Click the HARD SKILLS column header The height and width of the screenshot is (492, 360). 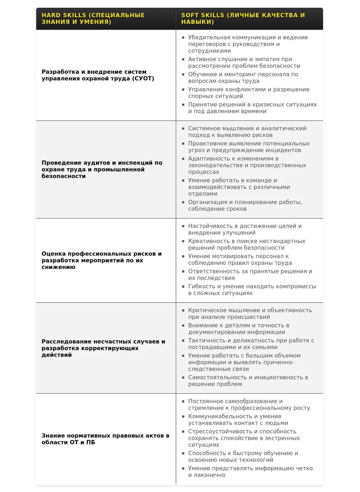[93, 18]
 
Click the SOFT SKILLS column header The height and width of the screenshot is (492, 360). [243, 18]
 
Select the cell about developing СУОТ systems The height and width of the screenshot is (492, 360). [98, 75]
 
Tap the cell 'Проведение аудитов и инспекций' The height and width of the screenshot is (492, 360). [102, 169]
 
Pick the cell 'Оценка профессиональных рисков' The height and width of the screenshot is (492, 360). [102, 260]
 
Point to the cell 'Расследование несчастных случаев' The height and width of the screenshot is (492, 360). [103, 348]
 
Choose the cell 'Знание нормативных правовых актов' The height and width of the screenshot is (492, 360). [105, 439]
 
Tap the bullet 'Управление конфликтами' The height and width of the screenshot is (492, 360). [248, 93]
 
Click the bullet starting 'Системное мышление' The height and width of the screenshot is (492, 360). [247, 132]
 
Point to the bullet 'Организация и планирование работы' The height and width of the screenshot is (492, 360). [245, 205]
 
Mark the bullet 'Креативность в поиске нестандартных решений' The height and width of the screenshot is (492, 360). [246, 244]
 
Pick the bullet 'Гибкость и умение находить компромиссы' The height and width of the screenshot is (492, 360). [252, 289]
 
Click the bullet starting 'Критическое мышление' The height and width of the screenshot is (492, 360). [250, 314]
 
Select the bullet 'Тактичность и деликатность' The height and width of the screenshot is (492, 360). [251, 344]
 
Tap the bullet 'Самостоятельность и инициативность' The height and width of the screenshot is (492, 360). [248, 380]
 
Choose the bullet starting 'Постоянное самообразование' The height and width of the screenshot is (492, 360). [249, 405]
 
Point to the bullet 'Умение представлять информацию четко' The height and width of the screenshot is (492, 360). [250, 471]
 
